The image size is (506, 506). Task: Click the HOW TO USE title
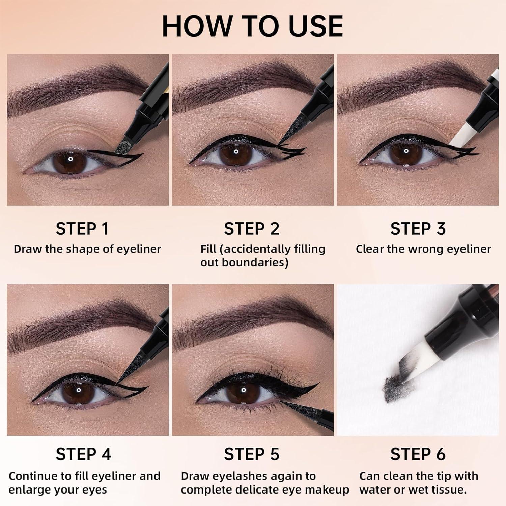[252, 26]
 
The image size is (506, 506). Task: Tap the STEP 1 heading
[82, 229]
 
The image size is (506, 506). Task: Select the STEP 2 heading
[252, 229]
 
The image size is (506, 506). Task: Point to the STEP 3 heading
[418, 229]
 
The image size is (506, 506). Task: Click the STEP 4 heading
[83, 454]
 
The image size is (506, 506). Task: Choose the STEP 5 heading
[252, 454]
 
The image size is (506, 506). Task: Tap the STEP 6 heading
[418, 454]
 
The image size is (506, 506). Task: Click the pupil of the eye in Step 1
[70, 160]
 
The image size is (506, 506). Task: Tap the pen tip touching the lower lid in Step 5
[287, 405]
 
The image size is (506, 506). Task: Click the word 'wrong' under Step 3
[426, 249]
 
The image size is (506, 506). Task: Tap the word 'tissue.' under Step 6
[448, 489]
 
